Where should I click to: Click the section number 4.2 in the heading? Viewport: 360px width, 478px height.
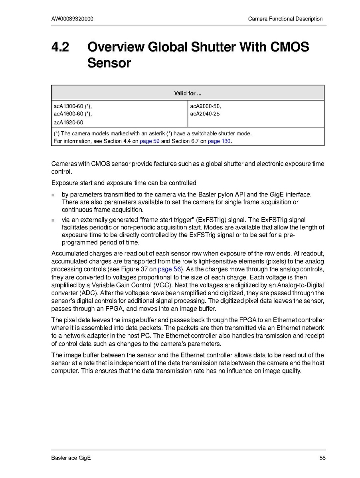click(x=60, y=47)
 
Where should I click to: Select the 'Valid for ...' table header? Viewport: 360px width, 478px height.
click(x=188, y=93)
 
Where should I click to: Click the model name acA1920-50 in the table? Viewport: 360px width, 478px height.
click(x=68, y=122)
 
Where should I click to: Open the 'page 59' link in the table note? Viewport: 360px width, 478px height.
click(x=150, y=141)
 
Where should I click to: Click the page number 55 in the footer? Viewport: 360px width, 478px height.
click(x=322, y=458)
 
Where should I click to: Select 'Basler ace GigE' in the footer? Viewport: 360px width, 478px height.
click(x=71, y=458)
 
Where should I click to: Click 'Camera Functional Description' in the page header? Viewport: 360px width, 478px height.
click(x=285, y=19)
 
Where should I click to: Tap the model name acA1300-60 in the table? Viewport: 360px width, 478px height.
click(x=68, y=106)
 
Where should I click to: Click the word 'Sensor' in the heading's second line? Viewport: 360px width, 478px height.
click(x=109, y=63)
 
